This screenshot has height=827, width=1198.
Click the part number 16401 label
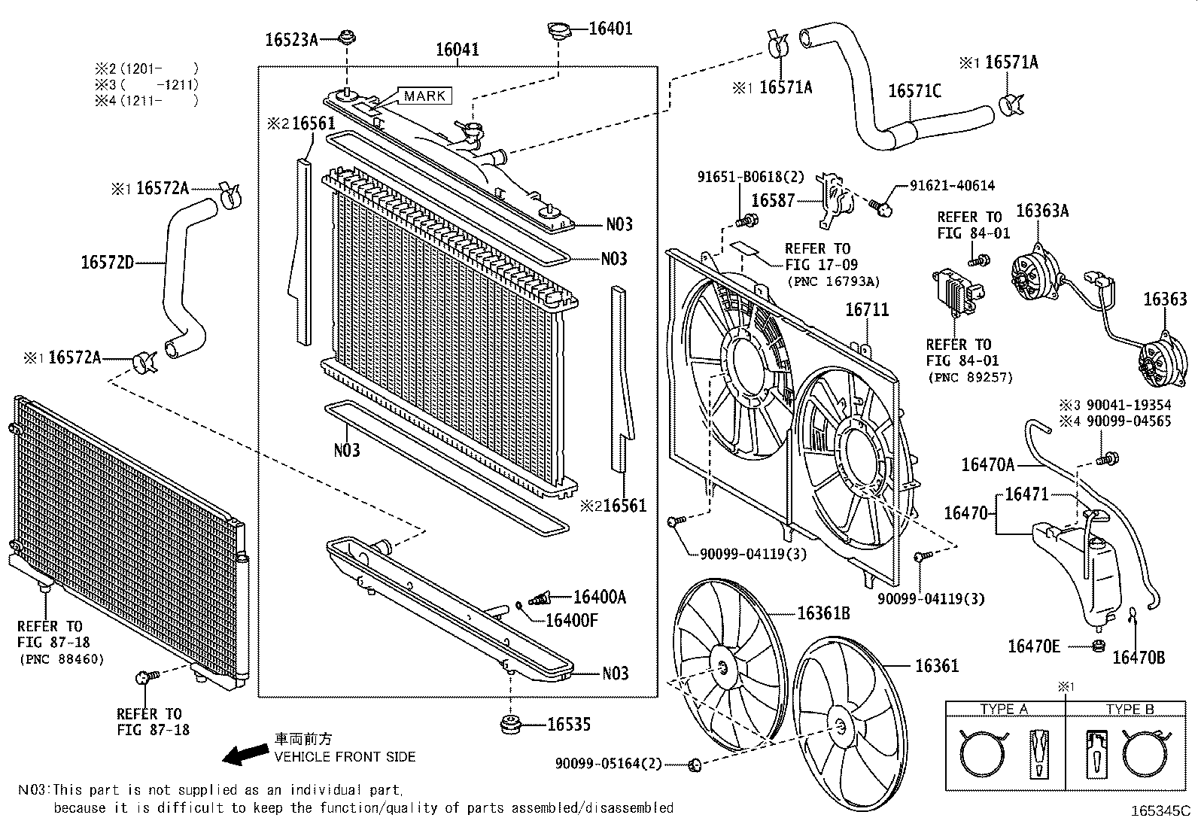(x=610, y=29)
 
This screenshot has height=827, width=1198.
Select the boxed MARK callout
(x=424, y=96)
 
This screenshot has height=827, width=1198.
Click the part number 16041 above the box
(x=457, y=50)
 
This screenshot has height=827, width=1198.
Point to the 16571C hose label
(x=914, y=91)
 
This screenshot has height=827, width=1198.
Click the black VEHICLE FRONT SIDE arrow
(x=245, y=754)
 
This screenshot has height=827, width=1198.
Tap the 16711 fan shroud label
(x=866, y=310)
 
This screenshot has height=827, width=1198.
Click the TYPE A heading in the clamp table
(x=1003, y=709)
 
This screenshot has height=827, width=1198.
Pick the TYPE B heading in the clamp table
(x=1130, y=709)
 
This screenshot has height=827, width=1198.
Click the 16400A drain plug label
(x=599, y=597)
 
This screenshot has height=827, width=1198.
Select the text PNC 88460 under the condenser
(x=61, y=659)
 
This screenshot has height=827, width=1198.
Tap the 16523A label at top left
(x=290, y=40)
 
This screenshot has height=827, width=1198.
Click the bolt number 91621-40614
(x=952, y=185)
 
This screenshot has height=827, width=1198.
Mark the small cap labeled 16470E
(x=1098, y=645)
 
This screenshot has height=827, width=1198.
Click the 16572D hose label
(x=107, y=263)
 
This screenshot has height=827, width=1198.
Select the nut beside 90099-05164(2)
(x=695, y=765)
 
